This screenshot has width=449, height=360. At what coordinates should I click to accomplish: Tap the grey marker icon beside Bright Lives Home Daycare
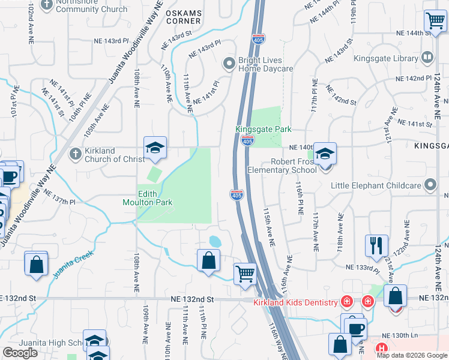(x=229, y=63)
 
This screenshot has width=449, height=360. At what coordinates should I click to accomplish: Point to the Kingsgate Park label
(x=263, y=129)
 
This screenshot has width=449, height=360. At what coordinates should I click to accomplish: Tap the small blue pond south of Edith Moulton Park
(x=214, y=241)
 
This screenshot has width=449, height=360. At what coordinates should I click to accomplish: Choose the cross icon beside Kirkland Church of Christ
(x=74, y=154)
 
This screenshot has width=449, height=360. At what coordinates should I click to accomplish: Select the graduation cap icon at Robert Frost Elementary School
(x=325, y=154)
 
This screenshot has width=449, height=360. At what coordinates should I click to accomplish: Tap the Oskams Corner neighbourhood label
(x=184, y=17)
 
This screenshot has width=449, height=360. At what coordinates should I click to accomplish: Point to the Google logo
(x=20, y=352)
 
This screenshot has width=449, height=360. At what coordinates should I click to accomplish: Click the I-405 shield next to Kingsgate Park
(x=247, y=140)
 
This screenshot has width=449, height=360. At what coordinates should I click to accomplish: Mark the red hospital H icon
(x=380, y=348)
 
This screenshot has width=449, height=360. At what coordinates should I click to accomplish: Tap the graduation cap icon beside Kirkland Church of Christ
(x=155, y=148)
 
